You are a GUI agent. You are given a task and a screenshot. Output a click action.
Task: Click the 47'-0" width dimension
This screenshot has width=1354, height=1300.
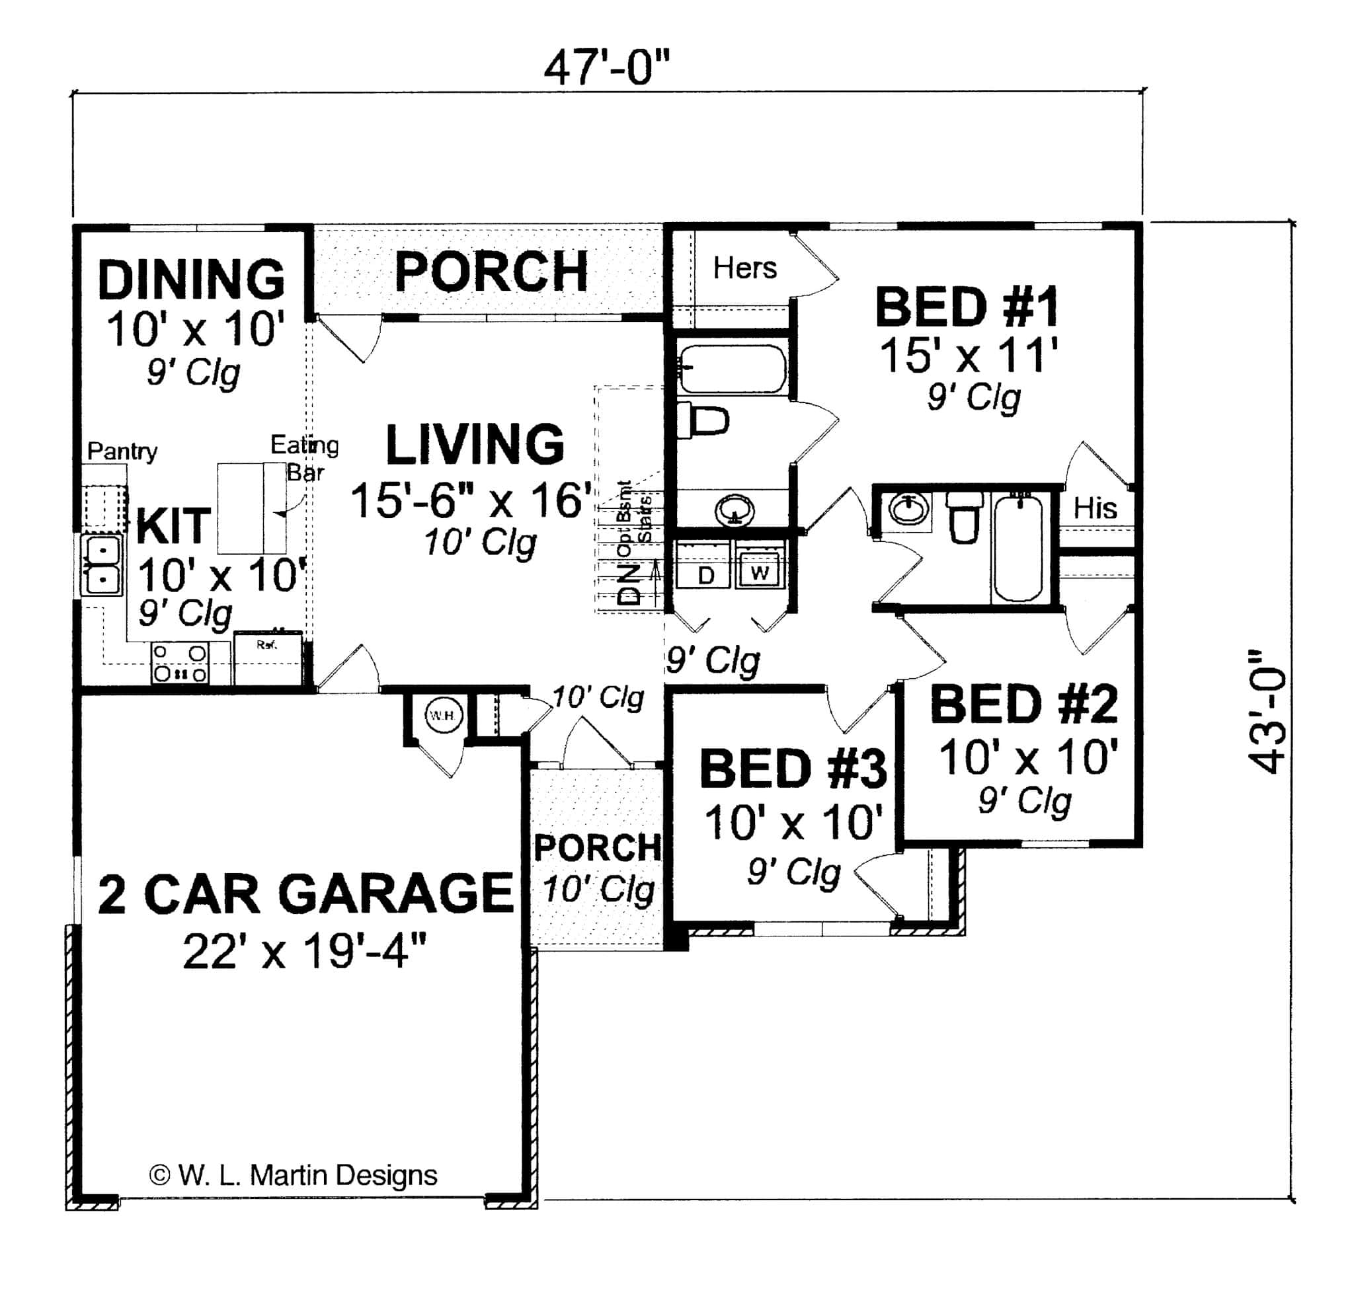pyautogui.click(x=606, y=67)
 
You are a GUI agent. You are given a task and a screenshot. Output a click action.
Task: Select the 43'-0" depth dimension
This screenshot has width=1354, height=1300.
pyautogui.click(x=1267, y=712)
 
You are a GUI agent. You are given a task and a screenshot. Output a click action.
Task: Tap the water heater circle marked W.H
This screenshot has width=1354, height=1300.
pyautogui.click(x=442, y=716)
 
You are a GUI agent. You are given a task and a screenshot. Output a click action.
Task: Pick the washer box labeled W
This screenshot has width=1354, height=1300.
pyautogui.click(x=759, y=572)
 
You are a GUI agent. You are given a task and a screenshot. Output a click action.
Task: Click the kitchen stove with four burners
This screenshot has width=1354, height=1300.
pyautogui.click(x=180, y=663)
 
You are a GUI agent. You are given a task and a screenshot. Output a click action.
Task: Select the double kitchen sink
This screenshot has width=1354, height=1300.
pyautogui.click(x=102, y=565)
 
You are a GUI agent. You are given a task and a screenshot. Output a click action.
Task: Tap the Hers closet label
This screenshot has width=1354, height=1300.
pyautogui.click(x=744, y=268)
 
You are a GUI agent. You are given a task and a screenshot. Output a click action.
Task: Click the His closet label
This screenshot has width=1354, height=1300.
pyautogui.click(x=1095, y=508)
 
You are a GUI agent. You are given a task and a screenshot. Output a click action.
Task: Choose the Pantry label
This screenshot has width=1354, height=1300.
pyautogui.click(x=122, y=451)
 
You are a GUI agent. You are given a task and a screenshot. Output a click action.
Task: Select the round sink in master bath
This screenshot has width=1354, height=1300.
pyautogui.click(x=735, y=511)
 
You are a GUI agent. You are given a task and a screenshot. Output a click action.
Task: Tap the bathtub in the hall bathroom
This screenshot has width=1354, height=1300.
pyautogui.click(x=1017, y=548)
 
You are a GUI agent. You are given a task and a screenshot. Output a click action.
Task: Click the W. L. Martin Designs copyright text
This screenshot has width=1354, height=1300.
pyautogui.click(x=294, y=1174)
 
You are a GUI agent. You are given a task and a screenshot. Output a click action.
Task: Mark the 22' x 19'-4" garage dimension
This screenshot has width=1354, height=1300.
pyautogui.click(x=305, y=952)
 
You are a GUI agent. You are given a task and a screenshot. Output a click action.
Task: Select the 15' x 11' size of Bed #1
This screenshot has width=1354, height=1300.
pyautogui.click(x=968, y=356)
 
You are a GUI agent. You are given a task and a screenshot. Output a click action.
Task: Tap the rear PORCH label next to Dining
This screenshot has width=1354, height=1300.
pyautogui.click(x=491, y=272)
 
